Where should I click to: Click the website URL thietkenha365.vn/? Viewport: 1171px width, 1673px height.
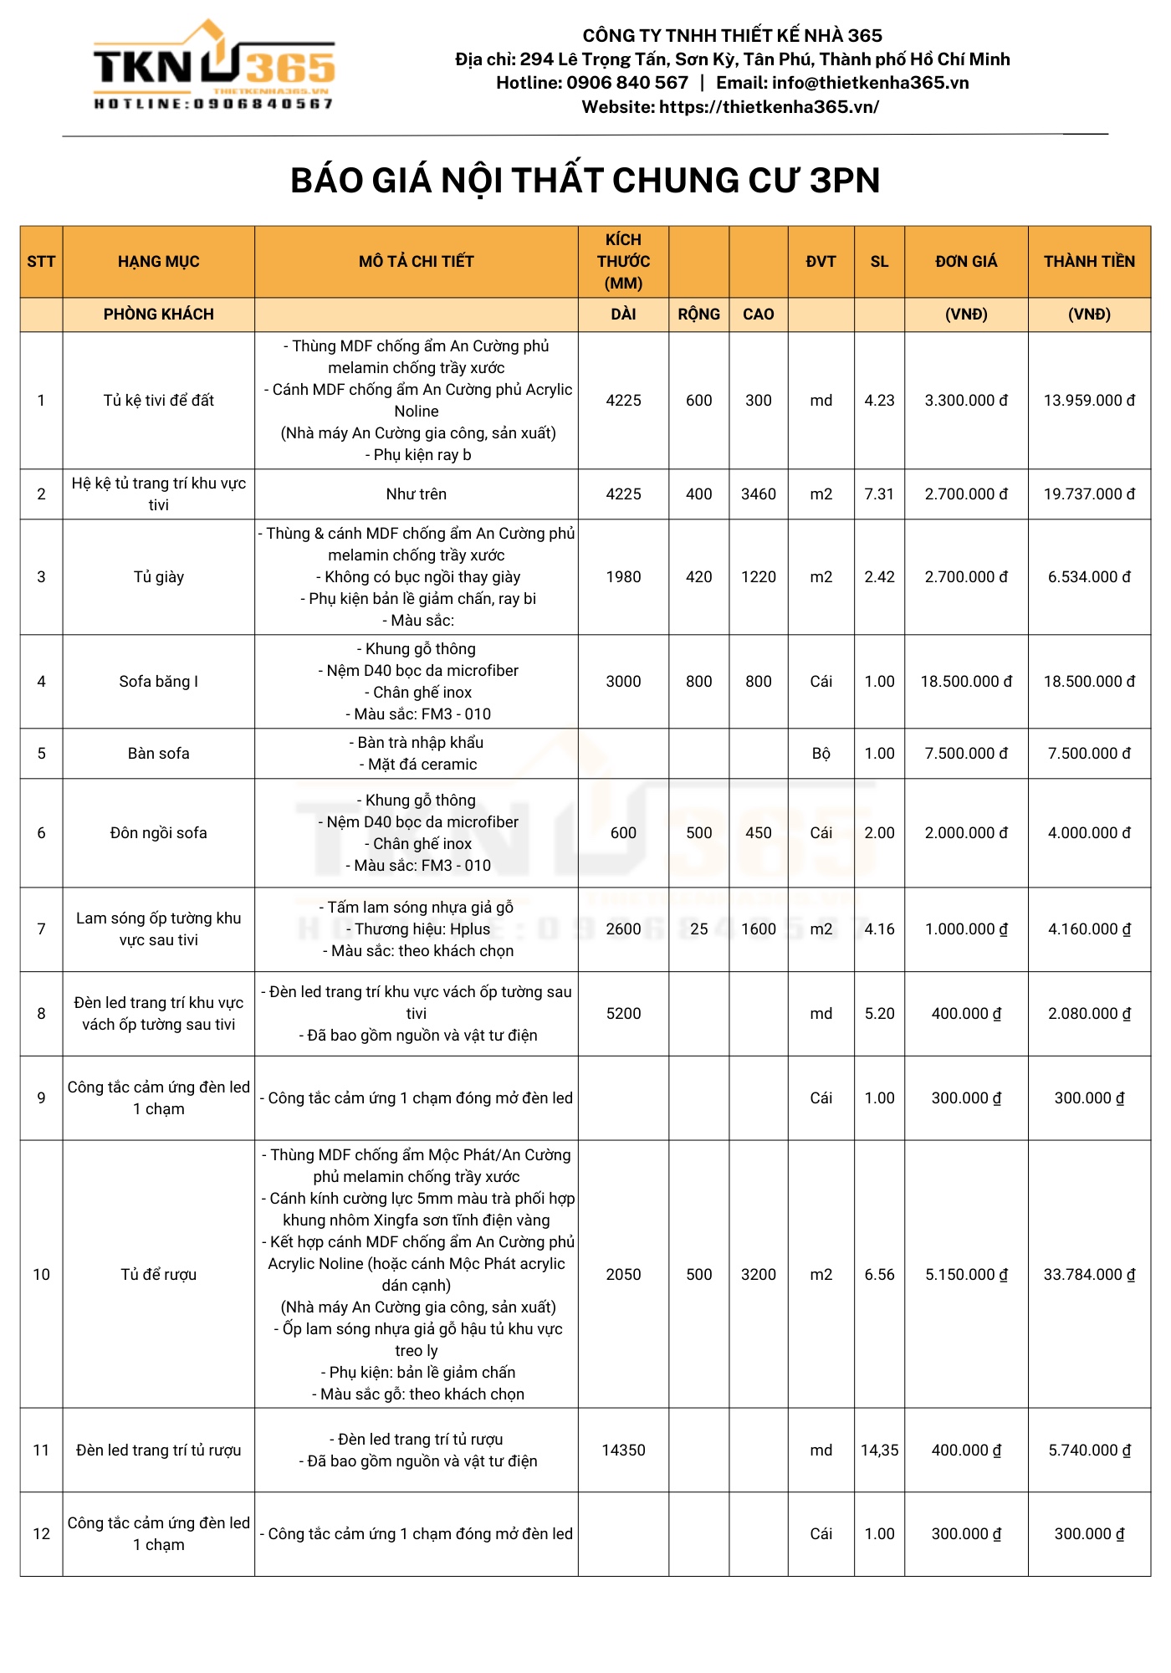click(x=769, y=107)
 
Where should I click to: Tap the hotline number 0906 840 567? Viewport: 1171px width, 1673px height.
click(x=626, y=83)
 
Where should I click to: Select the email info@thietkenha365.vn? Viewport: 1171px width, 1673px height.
click(x=870, y=83)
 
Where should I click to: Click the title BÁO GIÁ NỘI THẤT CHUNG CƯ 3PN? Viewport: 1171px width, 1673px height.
click(x=585, y=181)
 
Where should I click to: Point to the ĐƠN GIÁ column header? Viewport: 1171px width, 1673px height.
click(x=966, y=262)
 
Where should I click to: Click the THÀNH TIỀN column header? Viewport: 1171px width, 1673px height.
click(x=1089, y=262)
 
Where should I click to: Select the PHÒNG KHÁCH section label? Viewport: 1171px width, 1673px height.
click(x=158, y=315)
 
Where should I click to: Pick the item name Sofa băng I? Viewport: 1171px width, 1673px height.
click(x=158, y=682)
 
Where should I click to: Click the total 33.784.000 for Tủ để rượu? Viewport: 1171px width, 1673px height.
click(x=1089, y=1275)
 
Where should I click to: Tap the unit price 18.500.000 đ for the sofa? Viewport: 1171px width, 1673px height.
click(x=966, y=682)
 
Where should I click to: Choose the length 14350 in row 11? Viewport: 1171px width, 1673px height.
click(x=623, y=1450)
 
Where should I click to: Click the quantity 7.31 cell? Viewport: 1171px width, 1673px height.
click(x=879, y=494)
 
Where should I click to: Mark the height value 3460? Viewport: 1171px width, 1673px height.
click(x=758, y=494)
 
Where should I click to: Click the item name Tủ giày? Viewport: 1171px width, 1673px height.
click(x=158, y=577)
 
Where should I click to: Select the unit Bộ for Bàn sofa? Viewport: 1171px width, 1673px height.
click(x=821, y=754)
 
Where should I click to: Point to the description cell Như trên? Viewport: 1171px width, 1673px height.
click(x=416, y=494)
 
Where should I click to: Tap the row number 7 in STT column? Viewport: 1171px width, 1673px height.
click(x=41, y=929)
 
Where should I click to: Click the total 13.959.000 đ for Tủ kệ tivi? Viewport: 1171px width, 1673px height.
click(x=1089, y=401)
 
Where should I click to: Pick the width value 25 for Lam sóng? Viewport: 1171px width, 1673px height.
click(x=698, y=929)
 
